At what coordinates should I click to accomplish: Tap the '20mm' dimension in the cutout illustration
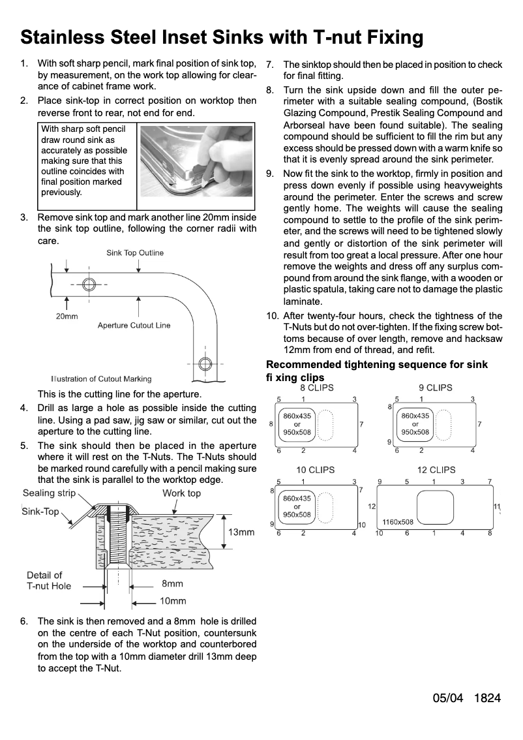pos(67,316)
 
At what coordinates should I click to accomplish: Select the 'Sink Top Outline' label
pos(135,253)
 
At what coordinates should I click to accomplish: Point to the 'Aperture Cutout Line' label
pos(134,325)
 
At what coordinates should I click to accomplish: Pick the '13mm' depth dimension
pos(241,532)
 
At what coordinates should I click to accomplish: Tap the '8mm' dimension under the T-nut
pos(172,584)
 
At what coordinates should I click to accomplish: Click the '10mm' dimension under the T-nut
pos(173,601)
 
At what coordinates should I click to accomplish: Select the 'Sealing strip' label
pos(49,493)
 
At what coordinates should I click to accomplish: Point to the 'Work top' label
pos(181,493)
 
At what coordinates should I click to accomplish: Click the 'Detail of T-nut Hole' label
pos(49,580)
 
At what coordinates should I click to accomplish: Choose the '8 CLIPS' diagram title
pos(316,388)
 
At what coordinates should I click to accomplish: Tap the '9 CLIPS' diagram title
pos(435,388)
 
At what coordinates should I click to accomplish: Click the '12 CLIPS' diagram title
pos(436,470)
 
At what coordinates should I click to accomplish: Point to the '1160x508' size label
pos(398,522)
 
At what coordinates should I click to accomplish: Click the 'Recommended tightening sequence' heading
pos(377,365)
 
